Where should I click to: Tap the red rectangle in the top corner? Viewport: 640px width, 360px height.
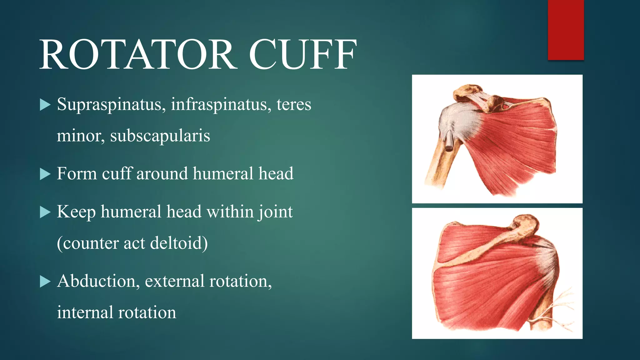click(x=566, y=30)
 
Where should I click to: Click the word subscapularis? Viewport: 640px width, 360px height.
click(x=160, y=136)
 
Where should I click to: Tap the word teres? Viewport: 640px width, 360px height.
click(x=294, y=104)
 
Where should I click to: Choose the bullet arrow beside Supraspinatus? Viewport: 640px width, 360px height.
click(x=45, y=105)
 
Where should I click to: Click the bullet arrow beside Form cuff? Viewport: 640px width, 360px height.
click(x=45, y=174)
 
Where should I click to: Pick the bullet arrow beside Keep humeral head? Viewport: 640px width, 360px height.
click(x=45, y=212)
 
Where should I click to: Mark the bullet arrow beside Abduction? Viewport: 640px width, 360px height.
click(x=45, y=282)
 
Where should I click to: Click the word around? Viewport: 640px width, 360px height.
click(x=162, y=174)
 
